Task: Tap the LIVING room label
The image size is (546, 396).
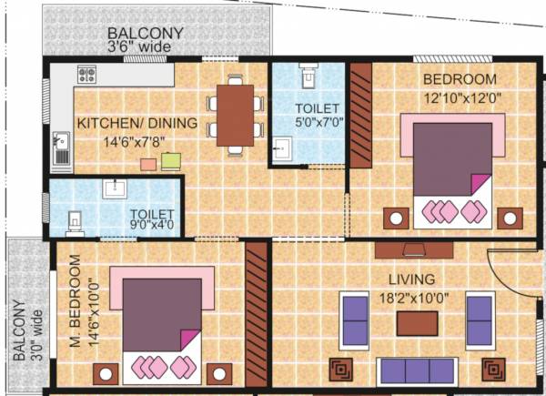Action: pos(409,279)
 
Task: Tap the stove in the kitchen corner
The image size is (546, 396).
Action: pos(88,75)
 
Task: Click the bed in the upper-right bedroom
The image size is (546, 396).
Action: pos(453,171)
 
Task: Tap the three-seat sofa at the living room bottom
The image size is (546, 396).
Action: pos(416,371)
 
